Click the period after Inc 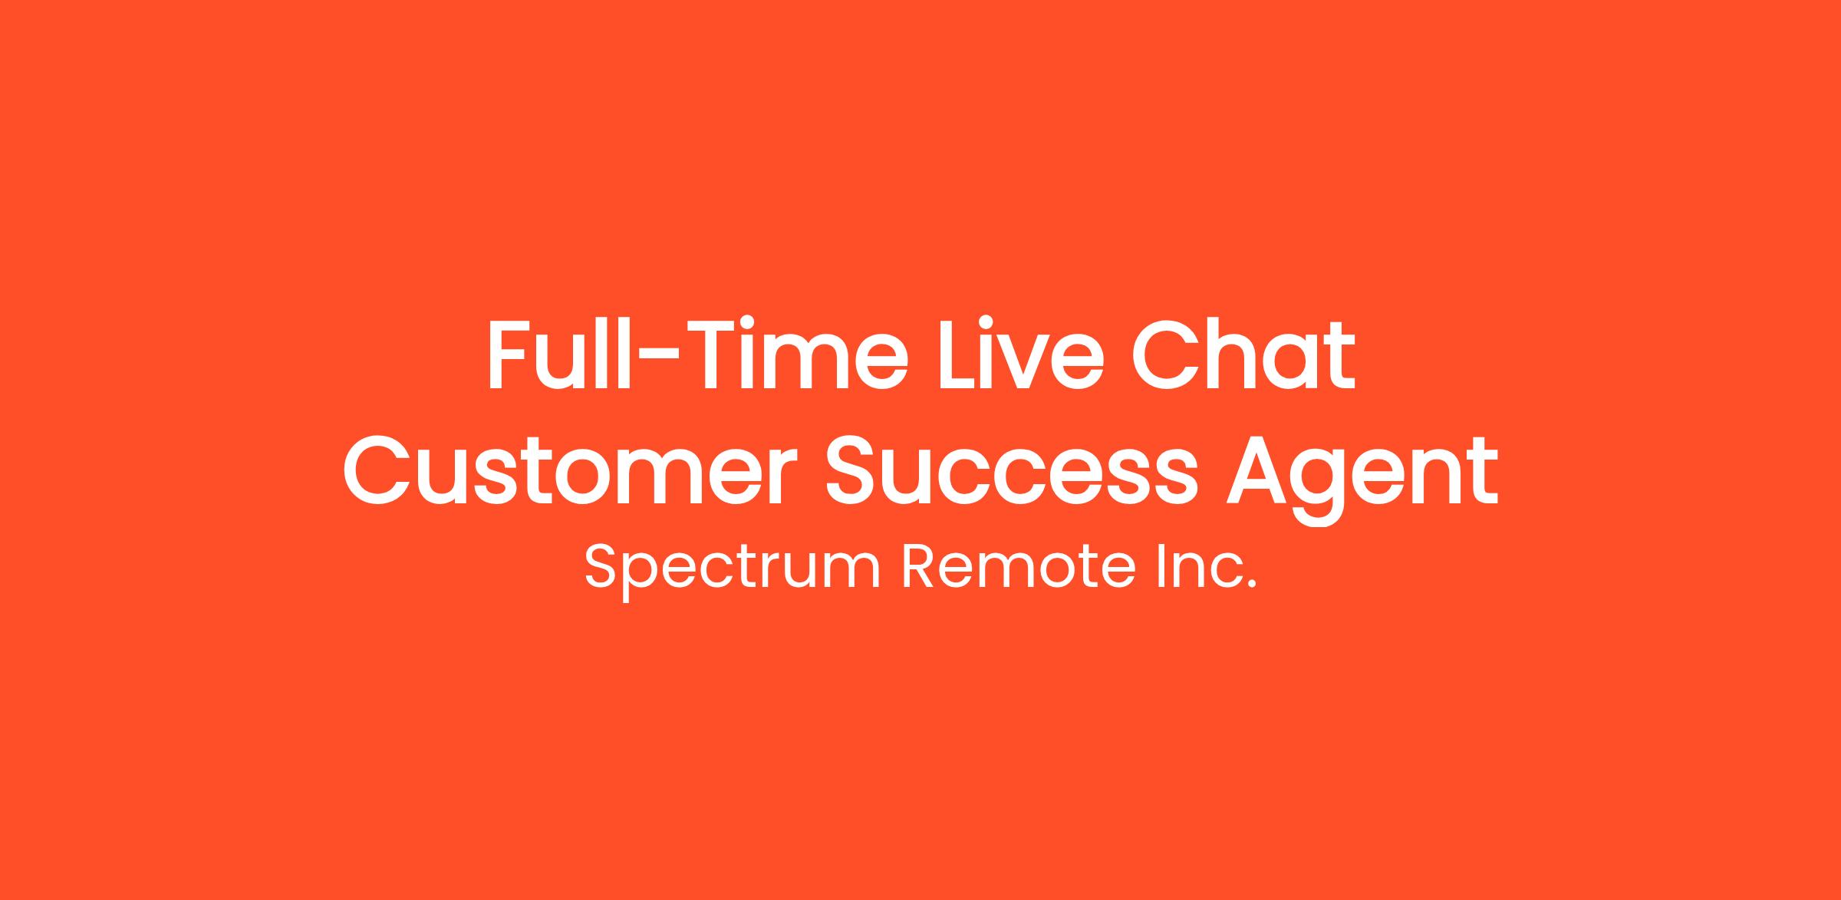1252,585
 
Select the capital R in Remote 920,566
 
